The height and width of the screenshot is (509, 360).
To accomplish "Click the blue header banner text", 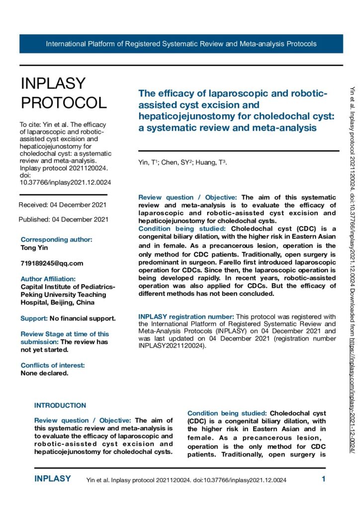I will (181, 44).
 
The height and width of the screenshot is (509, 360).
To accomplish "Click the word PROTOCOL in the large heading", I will (64, 102).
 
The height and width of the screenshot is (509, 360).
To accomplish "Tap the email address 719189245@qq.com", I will (52, 263).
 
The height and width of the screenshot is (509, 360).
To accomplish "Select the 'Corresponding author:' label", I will (56, 240).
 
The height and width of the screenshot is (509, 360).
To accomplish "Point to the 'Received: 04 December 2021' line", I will (62, 205).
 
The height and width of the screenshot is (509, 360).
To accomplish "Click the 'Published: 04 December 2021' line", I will (63, 219).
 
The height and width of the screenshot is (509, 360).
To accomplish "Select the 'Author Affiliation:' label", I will (48, 279).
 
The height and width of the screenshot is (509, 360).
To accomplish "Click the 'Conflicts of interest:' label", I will (53, 365).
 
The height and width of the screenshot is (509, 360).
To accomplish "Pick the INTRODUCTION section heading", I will (60, 406).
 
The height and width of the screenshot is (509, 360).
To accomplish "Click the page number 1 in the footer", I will (324, 480).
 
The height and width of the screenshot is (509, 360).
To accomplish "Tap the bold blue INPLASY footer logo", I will (53, 479).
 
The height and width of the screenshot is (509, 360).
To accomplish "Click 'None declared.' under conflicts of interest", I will (44, 373).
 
